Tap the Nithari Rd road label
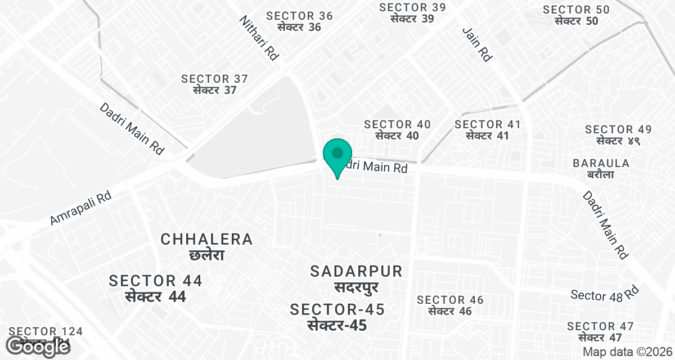[x=259, y=38]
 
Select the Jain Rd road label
[x=478, y=44]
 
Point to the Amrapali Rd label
[x=82, y=208]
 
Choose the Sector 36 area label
[x=300, y=21]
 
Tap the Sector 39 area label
[x=412, y=13]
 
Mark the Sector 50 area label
[x=576, y=15]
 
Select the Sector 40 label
[x=397, y=130]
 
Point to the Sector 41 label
[x=488, y=130]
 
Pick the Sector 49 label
[x=618, y=136]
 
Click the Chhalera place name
[x=207, y=246]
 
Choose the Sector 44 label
[x=156, y=288]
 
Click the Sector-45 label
[x=337, y=317]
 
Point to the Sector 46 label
[x=450, y=305]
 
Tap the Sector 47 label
[x=600, y=332]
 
